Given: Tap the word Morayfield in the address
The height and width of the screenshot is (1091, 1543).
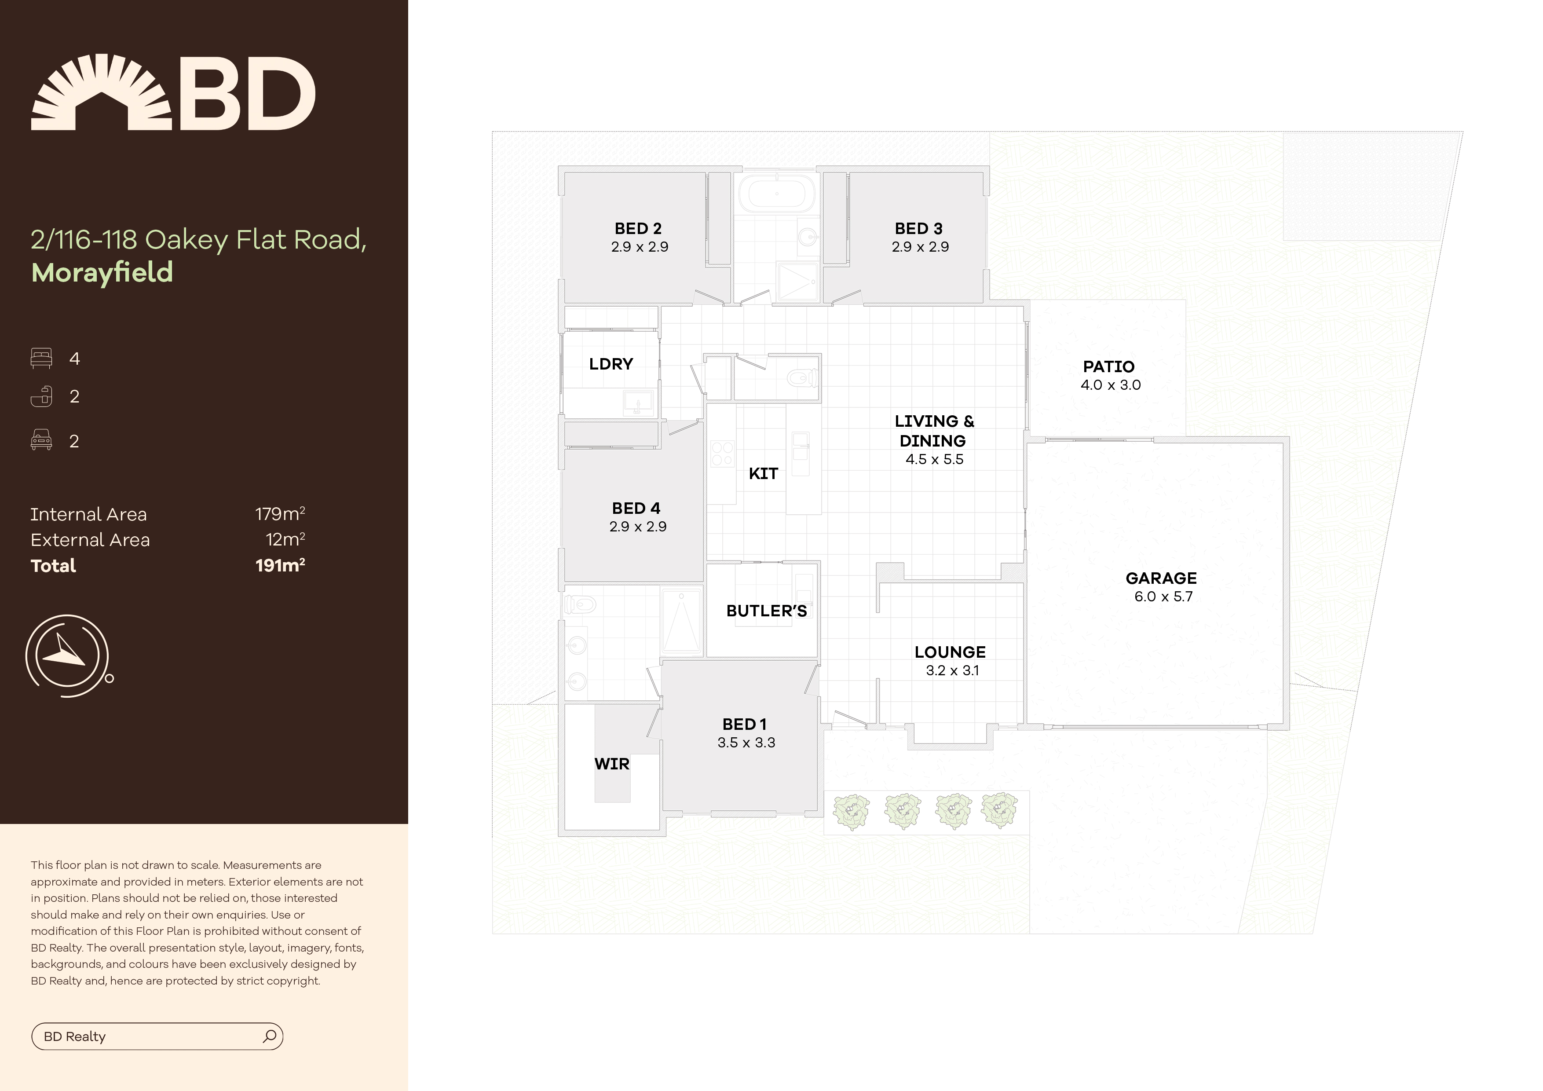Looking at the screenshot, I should point(102,272).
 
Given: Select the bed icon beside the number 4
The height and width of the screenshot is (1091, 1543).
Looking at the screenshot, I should point(41,358).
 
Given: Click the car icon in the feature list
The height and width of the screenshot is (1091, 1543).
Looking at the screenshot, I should point(41,440).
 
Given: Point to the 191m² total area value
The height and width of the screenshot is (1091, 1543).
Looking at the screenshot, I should point(280,565).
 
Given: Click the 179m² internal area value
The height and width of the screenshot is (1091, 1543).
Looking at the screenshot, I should point(280,514).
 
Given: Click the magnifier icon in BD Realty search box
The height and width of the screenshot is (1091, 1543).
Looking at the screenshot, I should point(270,1036).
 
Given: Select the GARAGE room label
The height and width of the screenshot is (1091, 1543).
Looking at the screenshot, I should point(1161,578).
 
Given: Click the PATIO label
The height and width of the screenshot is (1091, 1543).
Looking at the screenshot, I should point(1108,366).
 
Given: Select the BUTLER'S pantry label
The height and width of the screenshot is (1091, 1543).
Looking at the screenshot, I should point(766,611).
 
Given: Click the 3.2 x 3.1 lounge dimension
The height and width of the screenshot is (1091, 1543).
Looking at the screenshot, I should point(951,670).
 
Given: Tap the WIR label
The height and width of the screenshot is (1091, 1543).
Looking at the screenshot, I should point(611,764).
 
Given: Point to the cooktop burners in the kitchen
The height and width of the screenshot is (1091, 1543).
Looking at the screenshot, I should point(722,453).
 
